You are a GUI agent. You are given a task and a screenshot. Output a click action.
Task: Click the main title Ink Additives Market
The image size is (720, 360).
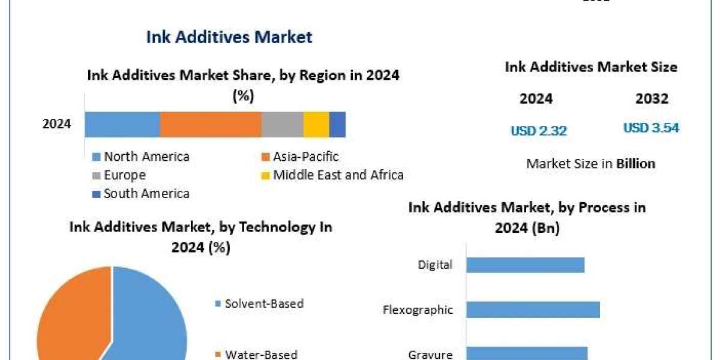pyautogui.click(x=229, y=37)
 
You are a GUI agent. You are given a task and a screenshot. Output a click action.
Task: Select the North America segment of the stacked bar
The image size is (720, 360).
pyautogui.click(x=122, y=124)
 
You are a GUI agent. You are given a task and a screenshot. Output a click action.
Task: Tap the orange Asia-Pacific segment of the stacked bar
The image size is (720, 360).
pyautogui.click(x=211, y=124)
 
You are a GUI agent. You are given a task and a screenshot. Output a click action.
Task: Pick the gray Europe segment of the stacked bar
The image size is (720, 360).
pyautogui.click(x=282, y=124)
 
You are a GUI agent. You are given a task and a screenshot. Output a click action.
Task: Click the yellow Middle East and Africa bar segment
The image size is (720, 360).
pyautogui.click(x=316, y=124)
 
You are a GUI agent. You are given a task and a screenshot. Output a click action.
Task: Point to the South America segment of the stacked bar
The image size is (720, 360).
pyautogui.click(x=337, y=124)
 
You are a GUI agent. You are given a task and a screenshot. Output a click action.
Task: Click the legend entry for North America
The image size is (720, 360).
pyautogui.click(x=141, y=157)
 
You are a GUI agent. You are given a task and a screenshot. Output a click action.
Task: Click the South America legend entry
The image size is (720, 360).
pyautogui.click(x=141, y=193)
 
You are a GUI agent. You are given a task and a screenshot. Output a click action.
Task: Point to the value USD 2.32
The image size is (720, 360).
pyautogui.click(x=539, y=130)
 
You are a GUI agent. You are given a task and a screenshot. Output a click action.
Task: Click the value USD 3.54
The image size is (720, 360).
pyautogui.click(x=651, y=128)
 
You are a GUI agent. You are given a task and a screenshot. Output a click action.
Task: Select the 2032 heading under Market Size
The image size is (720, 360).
pyautogui.click(x=652, y=99)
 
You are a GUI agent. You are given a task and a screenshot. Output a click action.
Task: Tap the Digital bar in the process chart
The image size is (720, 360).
pyautogui.click(x=525, y=265)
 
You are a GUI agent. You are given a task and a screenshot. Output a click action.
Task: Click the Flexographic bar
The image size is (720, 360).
pyautogui.click(x=533, y=310)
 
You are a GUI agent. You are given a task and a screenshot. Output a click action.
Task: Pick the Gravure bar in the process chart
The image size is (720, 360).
pyautogui.click(x=527, y=353)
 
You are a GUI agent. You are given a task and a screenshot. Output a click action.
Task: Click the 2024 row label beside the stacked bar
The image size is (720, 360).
pyautogui.click(x=56, y=125)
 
